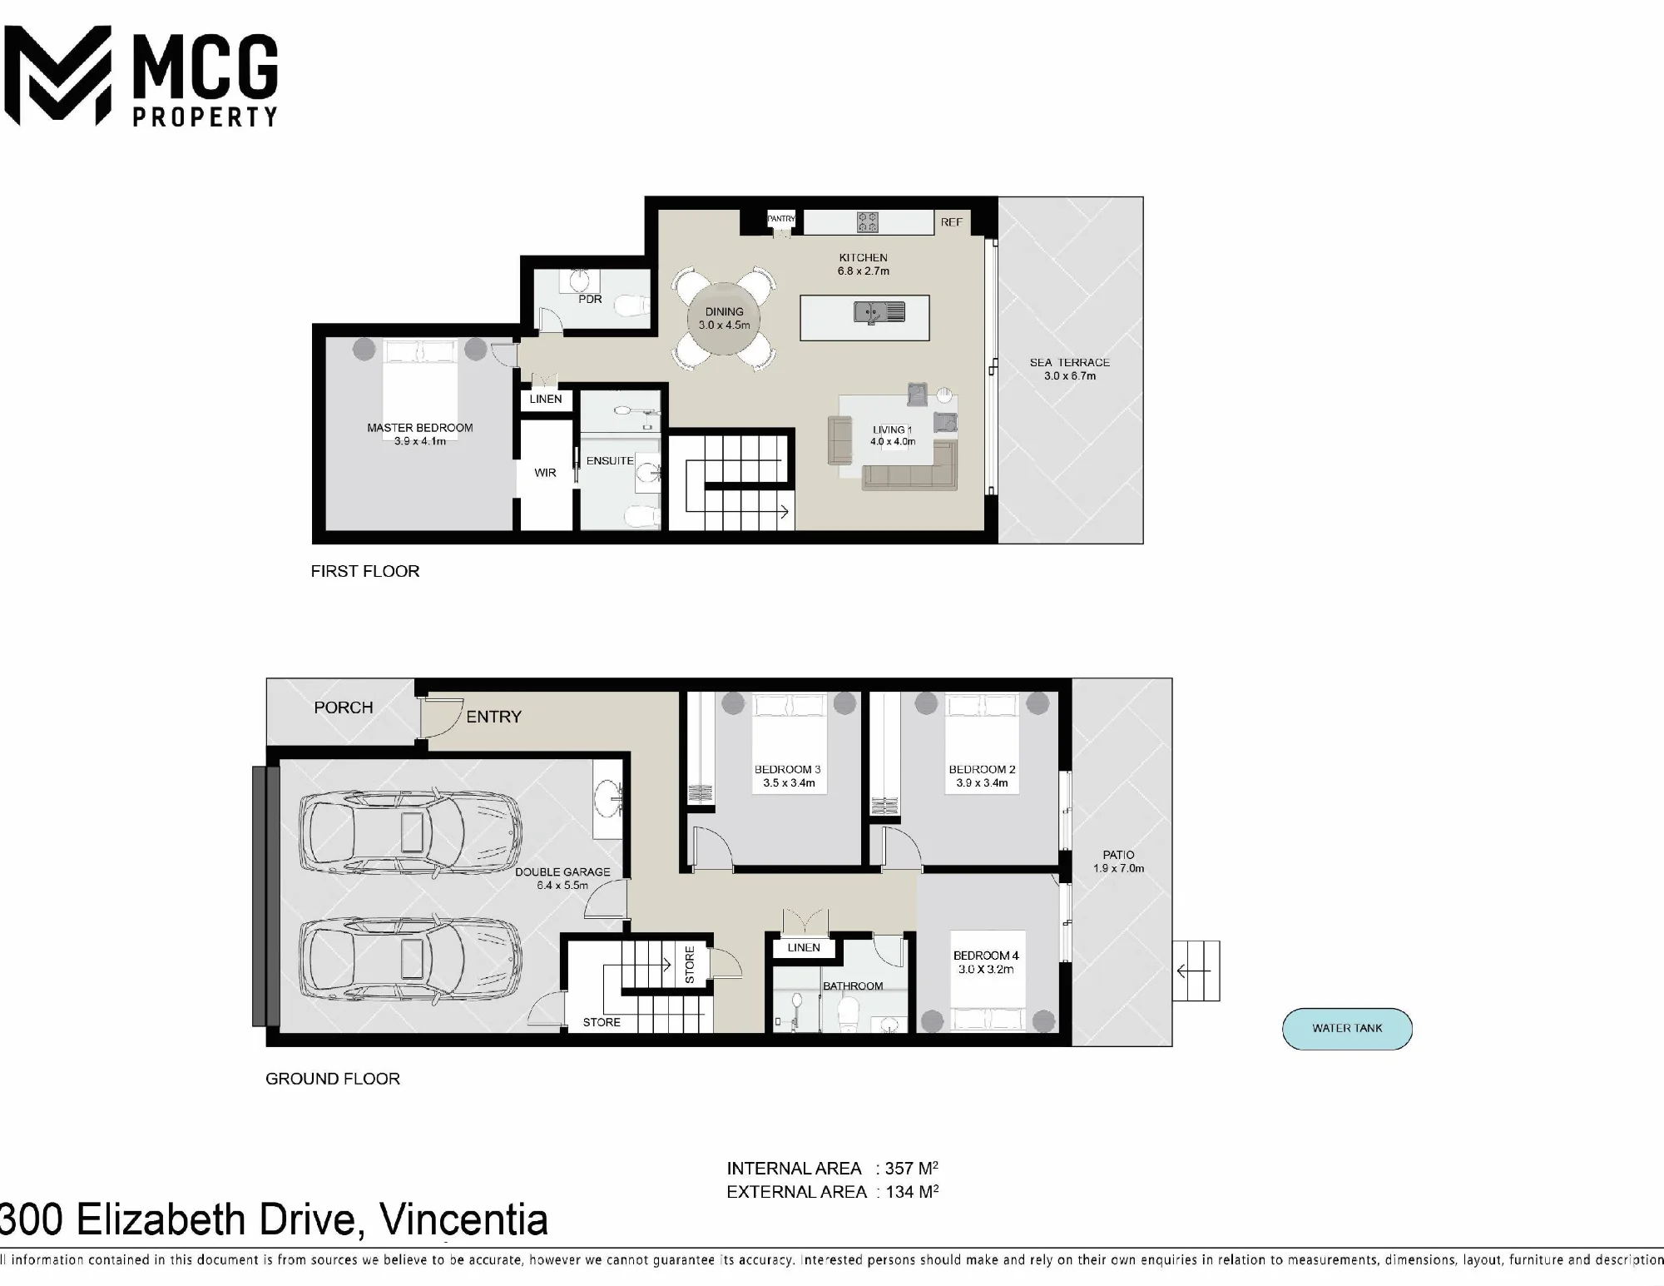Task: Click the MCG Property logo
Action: (x=141, y=76)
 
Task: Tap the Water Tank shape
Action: (x=1347, y=1029)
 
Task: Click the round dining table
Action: (x=724, y=318)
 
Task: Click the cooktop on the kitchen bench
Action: (x=868, y=221)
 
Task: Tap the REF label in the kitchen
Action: (x=951, y=222)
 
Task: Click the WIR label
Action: (x=545, y=473)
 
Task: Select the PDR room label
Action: (x=590, y=299)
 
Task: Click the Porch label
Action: (x=343, y=708)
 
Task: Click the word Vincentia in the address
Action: (x=463, y=1220)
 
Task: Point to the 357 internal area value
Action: (x=899, y=1169)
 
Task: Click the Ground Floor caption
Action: (x=333, y=1079)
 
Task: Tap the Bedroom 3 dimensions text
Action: (x=789, y=783)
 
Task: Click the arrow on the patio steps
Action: (x=1193, y=971)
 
